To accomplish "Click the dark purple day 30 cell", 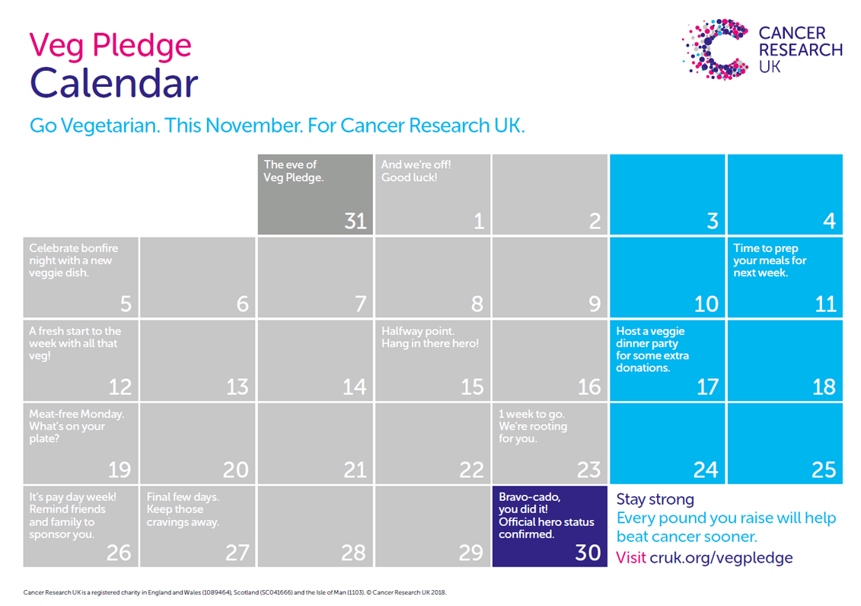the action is [x=550, y=526].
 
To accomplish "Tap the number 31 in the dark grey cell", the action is [x=356, y=222].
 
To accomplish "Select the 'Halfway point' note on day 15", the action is [x=430, y=337].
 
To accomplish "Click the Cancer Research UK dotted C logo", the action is [x=715, y=49].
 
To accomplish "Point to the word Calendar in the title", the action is [x=113, y=84].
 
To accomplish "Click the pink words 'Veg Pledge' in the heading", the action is [x=110, y=46].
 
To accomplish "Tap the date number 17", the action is [x=707, y=387].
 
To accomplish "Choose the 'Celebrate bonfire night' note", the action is [x=74, y=260].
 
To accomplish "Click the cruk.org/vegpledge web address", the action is [x=721, y=558].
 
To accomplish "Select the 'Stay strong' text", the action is [x=655, y=499].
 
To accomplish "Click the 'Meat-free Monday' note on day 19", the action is [x=76, y=426].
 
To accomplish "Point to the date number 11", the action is [x=825, y=304].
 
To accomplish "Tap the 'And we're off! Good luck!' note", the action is [x=416, y=171].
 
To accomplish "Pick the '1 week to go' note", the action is [x=533, y=426].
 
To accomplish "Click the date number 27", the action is [x=238, y=553].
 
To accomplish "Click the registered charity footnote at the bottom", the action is [x=234, y=592].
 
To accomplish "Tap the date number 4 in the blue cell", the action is [x=829, y=222].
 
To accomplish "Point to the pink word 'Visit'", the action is [x=631, y=558].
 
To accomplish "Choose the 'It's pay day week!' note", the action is [x=72, y=515].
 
